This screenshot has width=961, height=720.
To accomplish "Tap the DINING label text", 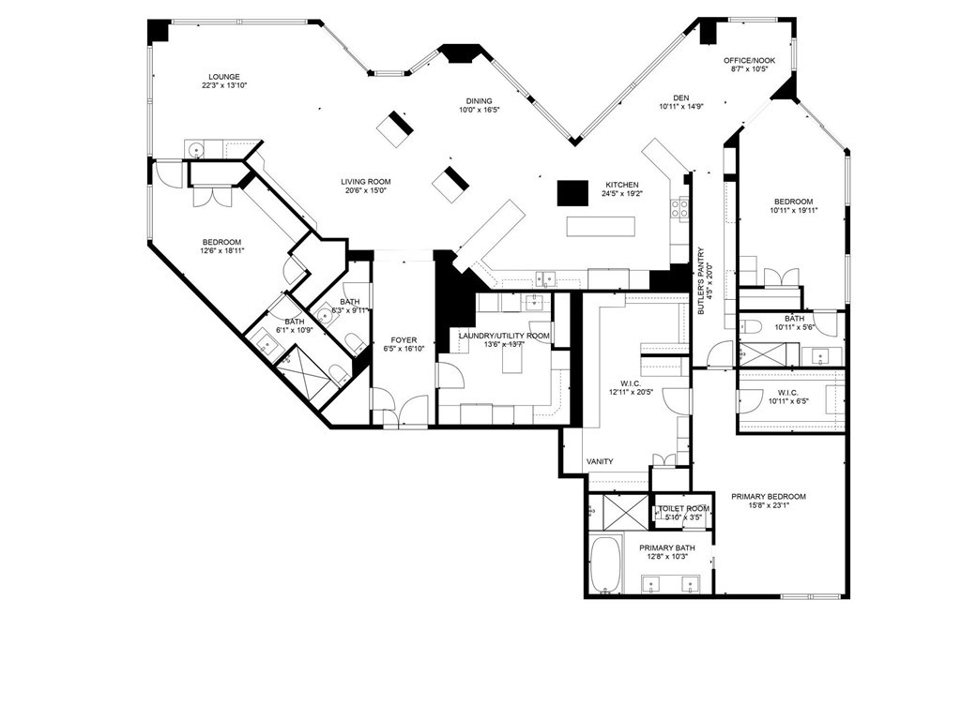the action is (x=479, y=101).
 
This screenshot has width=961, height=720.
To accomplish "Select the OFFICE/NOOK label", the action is (x=749, y=61).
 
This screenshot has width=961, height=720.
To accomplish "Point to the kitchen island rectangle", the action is (x=601, y=227).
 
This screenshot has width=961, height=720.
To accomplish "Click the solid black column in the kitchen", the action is (x=572, y=193).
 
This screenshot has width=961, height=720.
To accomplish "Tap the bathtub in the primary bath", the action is (x=606, y=565).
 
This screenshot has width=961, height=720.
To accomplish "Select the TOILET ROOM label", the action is (x=684, y=509).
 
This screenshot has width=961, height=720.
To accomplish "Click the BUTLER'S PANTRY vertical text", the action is (x=702, y=281).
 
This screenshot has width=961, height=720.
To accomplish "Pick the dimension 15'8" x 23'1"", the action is (x=768, y=505).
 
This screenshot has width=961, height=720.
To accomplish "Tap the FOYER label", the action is (x=404, y=340).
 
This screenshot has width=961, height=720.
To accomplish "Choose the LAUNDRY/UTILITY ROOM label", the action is (x=504, y=336).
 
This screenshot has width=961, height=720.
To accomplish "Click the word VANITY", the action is (x=600, y=461).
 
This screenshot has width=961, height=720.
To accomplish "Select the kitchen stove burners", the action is (x=679, y=208).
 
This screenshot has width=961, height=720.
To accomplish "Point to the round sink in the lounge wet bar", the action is (x=196, y=149).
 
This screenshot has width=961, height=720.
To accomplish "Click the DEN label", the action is (x=681, y=97).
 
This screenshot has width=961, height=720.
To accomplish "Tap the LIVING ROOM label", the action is (x=366, y=182).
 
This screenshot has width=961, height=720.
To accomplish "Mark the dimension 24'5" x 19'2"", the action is (x=622, y=193).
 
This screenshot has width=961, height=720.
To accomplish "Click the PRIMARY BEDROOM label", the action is (x=769, y=497).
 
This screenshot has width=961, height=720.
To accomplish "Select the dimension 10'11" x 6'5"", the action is (x=788, y=401).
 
